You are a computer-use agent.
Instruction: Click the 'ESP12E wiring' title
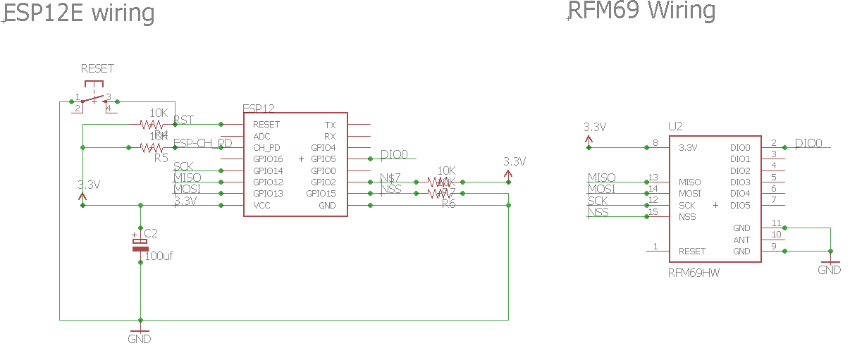click(79, 13)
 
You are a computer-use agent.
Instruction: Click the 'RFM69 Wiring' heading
click(641, 11)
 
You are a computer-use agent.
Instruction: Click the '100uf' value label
click(159, 256)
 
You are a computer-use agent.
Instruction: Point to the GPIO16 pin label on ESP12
click(268, 159)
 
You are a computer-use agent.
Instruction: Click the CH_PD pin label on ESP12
click(266, 148)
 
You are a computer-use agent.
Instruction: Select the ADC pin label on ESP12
click(261, 136)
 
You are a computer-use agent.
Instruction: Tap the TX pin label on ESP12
click(331, 125)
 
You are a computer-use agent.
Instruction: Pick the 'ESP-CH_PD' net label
click(203, 143)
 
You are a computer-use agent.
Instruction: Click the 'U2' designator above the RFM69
click(675, 127)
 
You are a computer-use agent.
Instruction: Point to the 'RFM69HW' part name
click(694, 272)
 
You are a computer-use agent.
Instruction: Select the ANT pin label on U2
click(741, 240)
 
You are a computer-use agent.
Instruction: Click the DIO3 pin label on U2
click(740, 182)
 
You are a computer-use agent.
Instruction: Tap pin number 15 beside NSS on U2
click(653, 211)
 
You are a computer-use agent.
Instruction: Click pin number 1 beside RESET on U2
click(656, 246)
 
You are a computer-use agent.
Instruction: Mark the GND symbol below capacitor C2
click(140, 335)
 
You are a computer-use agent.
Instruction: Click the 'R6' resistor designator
click(449, 204)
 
